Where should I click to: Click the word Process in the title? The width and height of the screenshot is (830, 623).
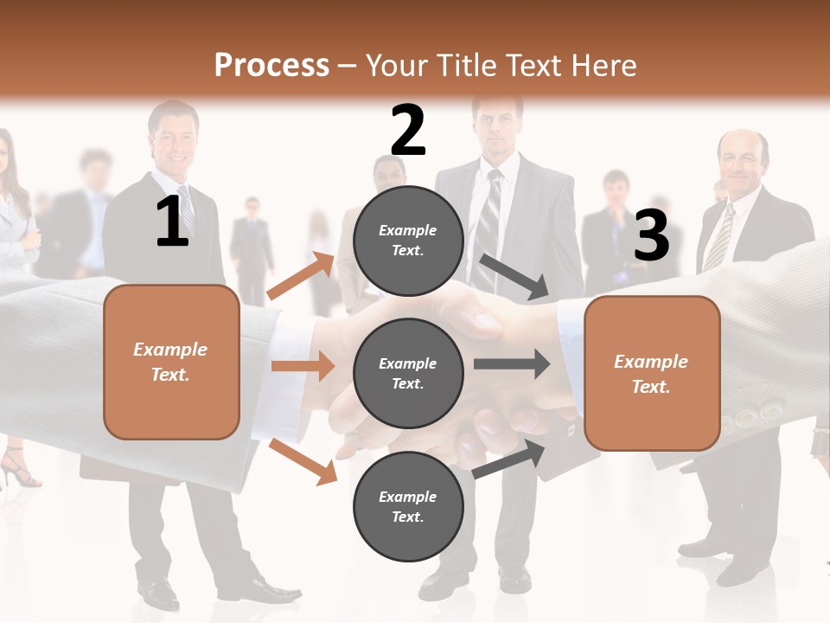tap(271, 65)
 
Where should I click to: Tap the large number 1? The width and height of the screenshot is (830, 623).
tap(172, 222)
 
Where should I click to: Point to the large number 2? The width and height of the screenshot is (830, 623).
tap(408, 131)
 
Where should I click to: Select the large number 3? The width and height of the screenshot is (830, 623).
tap(651, 235)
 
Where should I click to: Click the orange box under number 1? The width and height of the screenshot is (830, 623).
tap(171, 362)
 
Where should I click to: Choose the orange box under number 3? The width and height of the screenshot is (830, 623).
tap(652, 374)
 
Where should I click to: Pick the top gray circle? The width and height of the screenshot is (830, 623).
tap(408, 241)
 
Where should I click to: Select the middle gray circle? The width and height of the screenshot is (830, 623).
tap(408, 374)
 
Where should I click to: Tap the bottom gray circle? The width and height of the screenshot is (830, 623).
tap(408, 507)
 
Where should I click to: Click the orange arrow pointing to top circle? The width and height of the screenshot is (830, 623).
tap(301, 276)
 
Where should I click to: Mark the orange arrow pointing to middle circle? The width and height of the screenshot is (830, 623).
tap(303, 366)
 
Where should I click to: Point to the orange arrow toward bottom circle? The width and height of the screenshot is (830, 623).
tap(303, 460)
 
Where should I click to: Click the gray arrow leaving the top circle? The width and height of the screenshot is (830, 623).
tap(514, 277)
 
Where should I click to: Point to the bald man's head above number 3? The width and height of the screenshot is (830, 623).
tap(742, 156)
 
